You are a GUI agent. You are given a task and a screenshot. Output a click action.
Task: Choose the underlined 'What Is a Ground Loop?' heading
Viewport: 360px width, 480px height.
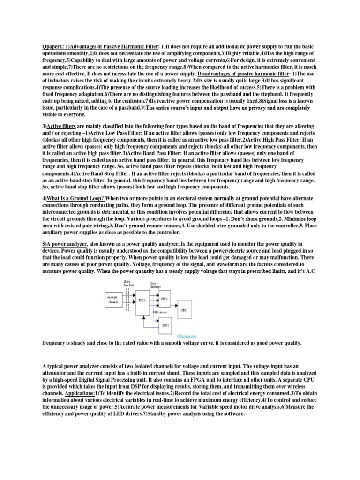click(x=76, y=198)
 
